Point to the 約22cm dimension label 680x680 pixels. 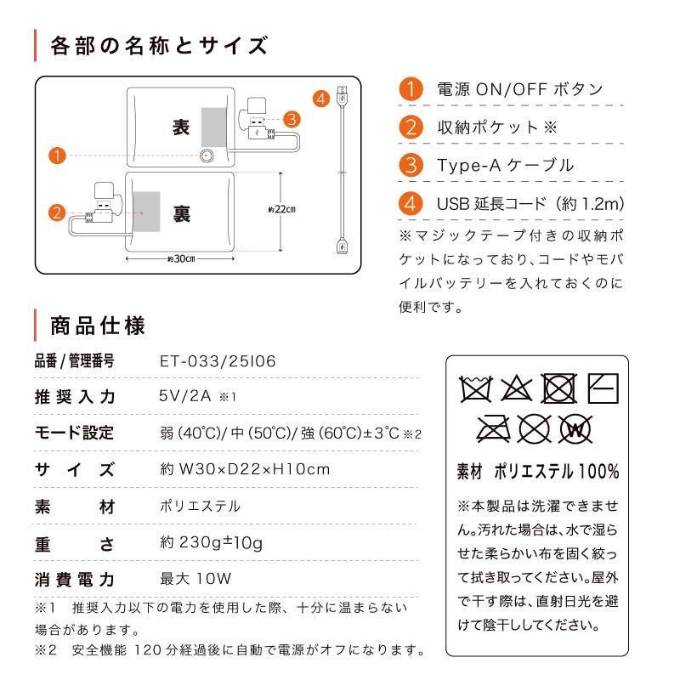(281, 211)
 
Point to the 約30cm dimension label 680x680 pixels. (181, 258)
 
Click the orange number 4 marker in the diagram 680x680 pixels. (320, 99)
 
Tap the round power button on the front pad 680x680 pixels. (206, 156)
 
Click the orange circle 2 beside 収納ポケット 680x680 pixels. (411, 127)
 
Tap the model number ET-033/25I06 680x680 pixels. (218, 361)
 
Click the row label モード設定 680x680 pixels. (74, 433)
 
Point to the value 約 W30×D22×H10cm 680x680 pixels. (244, 468)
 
